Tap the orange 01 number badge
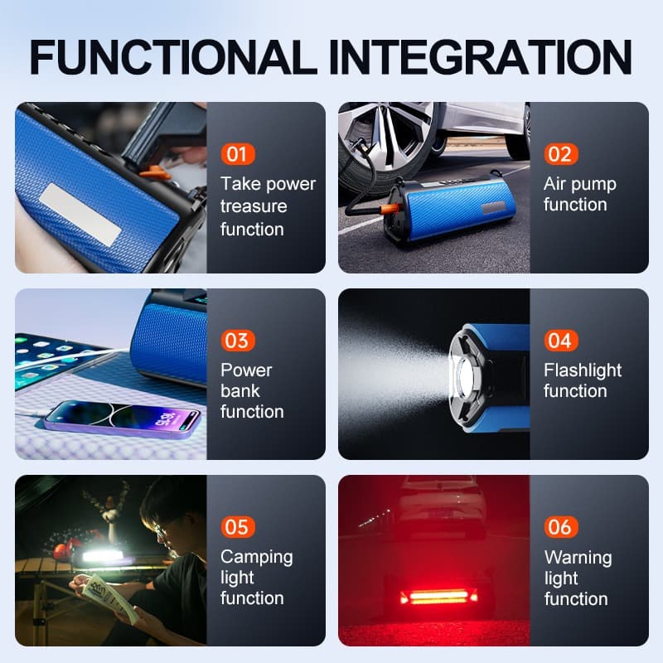click(x=236, y=154)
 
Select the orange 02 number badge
click(x=559, y=154)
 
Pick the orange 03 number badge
click(x=236, y=341)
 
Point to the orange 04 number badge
click(x=559, y=341)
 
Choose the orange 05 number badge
click(x=236, y=527)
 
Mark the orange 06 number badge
click(x=559, y=527)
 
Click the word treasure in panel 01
click(x=254, y=206)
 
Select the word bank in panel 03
click(x=240, y=390)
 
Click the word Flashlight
click(x=583, y=370)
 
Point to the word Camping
click(x=257, y=557)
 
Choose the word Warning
click(x=578, y=557)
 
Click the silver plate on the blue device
click(x=81, y=215)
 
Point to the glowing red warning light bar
click(x=438, y=596)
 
